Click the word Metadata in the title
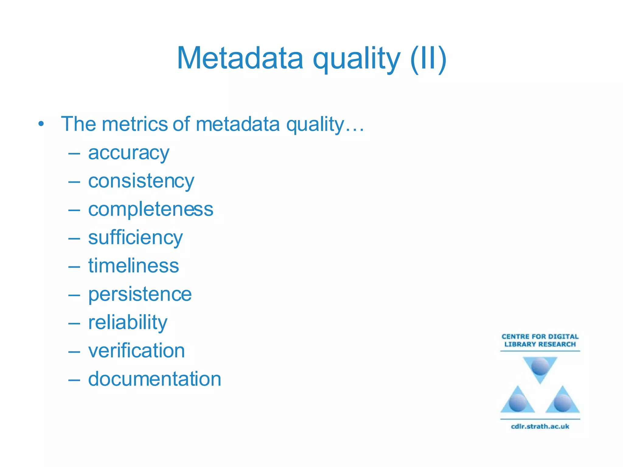[240, 58]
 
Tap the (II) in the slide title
[428, 58]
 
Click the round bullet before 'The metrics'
[41, 124]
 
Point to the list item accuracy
[128, 153]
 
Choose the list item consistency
[141, 181]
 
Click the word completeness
[151, 209]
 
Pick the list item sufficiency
[135, 238]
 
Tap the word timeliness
[134, 266]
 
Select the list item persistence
[140, 294]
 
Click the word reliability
[128, 322]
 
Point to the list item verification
[136, 351]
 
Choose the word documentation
[155, 379]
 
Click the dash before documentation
[74, 380]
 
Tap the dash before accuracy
[74, 154]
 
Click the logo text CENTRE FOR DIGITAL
[540, 337]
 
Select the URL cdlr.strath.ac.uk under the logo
[540, 426]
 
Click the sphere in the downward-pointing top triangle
[540, 366]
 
